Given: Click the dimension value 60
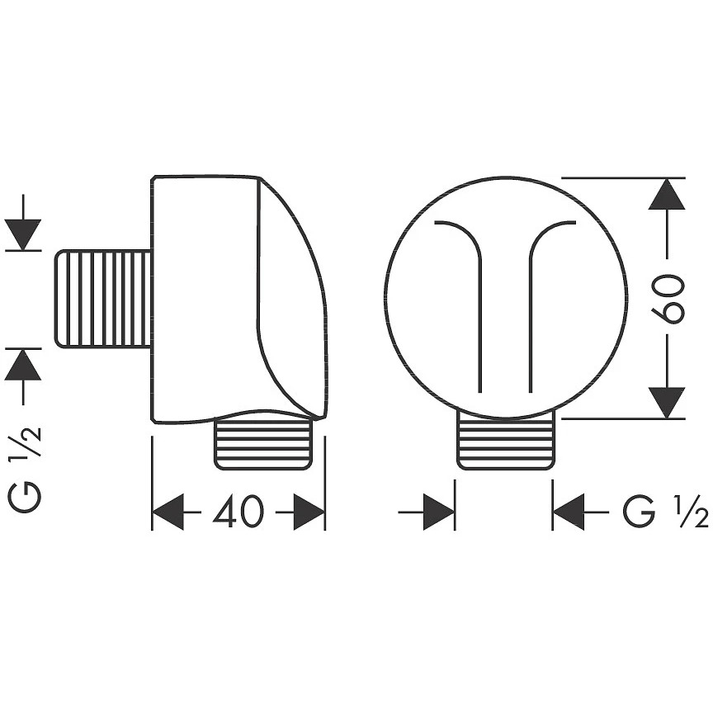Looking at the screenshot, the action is click(667, 298).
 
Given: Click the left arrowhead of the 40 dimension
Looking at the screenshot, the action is click(168, 512).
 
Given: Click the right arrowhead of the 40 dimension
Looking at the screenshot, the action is click(309, 512).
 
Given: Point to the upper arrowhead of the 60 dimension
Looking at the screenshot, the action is click(667, 194).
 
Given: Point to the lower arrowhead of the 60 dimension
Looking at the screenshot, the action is click(667, 403).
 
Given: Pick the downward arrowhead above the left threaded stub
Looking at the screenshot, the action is click(23, 234).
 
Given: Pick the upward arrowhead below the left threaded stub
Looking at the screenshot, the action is click(23, 365).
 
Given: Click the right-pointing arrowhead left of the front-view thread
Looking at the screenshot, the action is click(439, 512).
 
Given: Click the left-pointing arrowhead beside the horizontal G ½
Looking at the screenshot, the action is click(569, 512).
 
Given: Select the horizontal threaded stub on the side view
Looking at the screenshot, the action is click(103, 299).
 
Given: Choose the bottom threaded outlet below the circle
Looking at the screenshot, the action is click(506, 440).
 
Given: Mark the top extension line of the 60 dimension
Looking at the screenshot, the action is click(623, 177).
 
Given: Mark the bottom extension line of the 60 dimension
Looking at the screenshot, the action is click(623, 418).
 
